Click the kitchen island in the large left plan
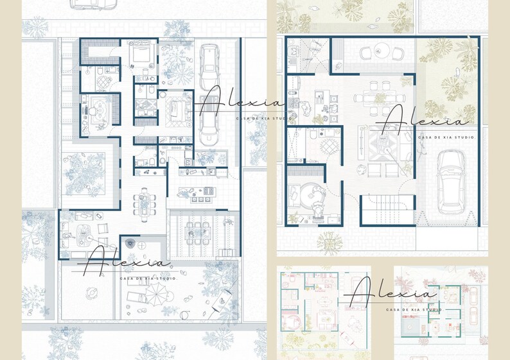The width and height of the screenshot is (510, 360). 197,191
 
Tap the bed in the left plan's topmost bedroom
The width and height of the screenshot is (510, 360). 140,54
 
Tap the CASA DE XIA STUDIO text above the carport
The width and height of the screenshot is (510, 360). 446,137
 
